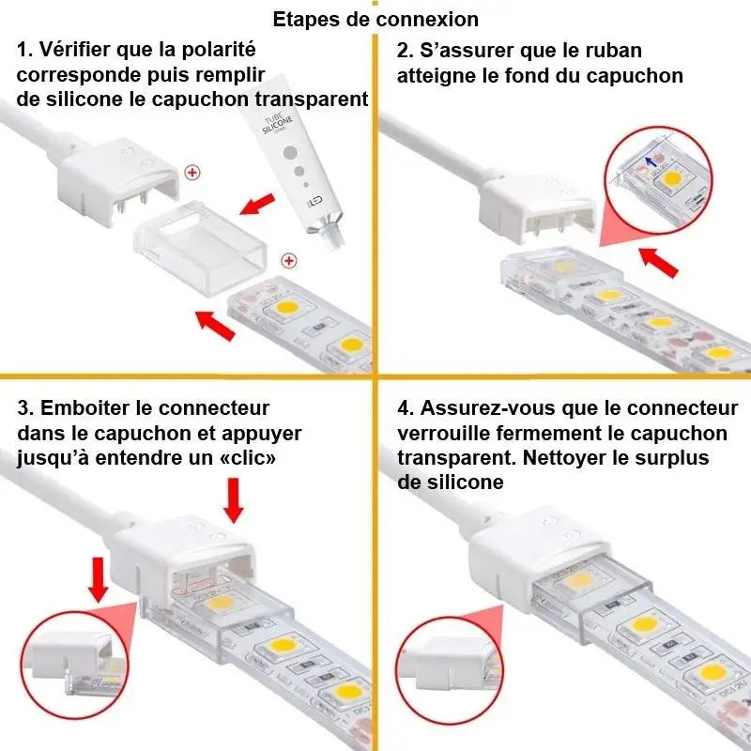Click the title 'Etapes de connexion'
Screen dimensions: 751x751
[x=375, y=19]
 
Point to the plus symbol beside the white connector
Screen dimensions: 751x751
[x=193, y=172]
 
